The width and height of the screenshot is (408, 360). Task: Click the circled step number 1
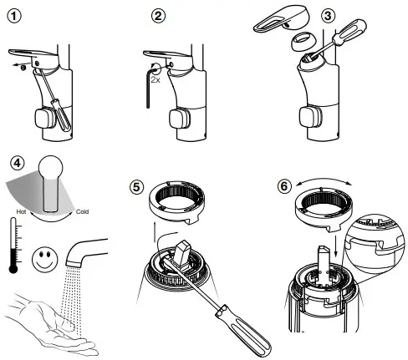pyautogui.click(x=14, y=17)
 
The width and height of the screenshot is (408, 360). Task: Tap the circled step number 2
pyautogui.click(x=158, y=16)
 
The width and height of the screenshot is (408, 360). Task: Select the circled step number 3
pyautogui.click(x=328, y=16)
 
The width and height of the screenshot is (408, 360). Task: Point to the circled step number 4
pyautogui.click(x=18, y=163)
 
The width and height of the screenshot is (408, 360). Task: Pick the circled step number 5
pyautogui.click(x=136, y=187)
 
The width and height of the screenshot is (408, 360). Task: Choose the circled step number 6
pyautogui.click(x=284, y=185)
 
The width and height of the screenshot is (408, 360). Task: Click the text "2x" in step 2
pyautogui.click(x=156, y=80)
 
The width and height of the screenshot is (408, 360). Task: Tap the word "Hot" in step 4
pyautogui.click(x=21, y=211)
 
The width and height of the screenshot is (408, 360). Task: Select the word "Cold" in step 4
pyautogui.click(x=82, y=211)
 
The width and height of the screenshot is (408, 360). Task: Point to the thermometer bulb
pyautogui.click(x=13, y=269)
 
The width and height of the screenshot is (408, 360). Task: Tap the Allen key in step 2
pyautogui.click(x=150, y=86)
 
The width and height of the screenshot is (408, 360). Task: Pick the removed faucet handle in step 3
pyautogui.click(x=282, y=20)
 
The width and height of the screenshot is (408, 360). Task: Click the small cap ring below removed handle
pyautogui.click(x=303, y=42)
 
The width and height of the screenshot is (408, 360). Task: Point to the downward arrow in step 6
pyautogui.click(x=336, y=246)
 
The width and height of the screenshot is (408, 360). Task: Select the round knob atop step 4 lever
pyautogui.click(x=50, y=168)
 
